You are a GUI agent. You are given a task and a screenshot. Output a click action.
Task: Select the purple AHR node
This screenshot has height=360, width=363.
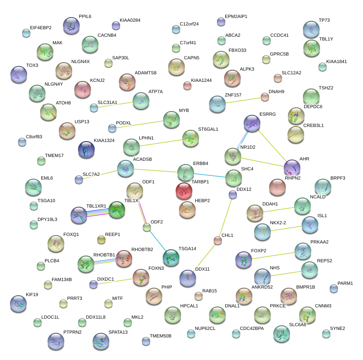click(292, 167)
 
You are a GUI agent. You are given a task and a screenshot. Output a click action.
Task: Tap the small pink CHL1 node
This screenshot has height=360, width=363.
click(217, 240)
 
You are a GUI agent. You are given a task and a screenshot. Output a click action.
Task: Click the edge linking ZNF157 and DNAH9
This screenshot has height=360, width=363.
click(241, 100)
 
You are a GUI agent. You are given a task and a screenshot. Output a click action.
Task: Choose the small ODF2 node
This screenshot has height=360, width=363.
click(146, 228)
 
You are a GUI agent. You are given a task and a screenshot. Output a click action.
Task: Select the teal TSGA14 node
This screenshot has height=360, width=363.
click(171, 257)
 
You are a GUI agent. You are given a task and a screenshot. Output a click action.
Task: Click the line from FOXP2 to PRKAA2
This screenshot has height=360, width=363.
click(273, 255)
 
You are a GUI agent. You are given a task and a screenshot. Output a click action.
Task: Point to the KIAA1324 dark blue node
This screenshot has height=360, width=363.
click(86, 150)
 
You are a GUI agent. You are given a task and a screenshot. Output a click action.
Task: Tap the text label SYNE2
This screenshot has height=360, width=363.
click(337, 328)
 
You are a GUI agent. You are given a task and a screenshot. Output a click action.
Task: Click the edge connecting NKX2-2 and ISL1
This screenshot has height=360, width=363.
click(286, 228)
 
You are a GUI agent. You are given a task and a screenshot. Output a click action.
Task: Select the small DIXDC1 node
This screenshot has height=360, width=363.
click(93, 284)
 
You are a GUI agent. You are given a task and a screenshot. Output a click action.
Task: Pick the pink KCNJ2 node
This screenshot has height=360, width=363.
click(83, 89)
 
